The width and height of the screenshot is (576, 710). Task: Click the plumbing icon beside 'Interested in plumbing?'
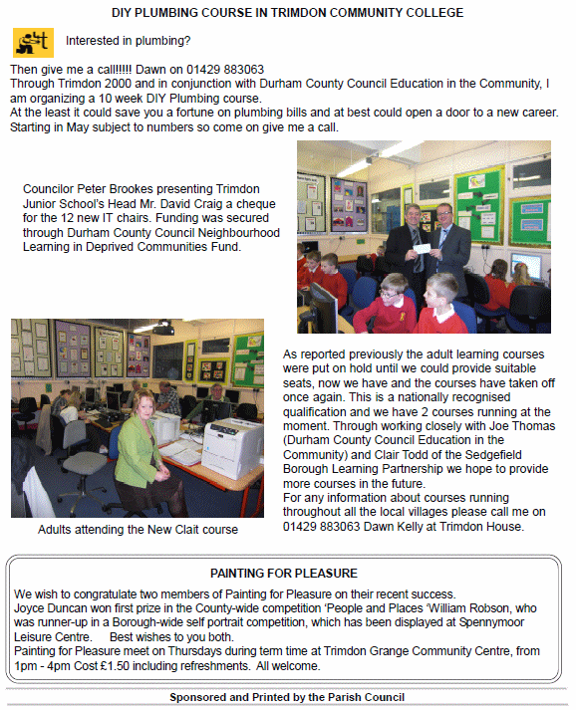32,42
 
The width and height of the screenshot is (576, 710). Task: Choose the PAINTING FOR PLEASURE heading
284,574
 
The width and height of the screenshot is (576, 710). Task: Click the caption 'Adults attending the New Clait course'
138,530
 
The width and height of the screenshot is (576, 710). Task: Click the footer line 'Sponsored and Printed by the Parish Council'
287,697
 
